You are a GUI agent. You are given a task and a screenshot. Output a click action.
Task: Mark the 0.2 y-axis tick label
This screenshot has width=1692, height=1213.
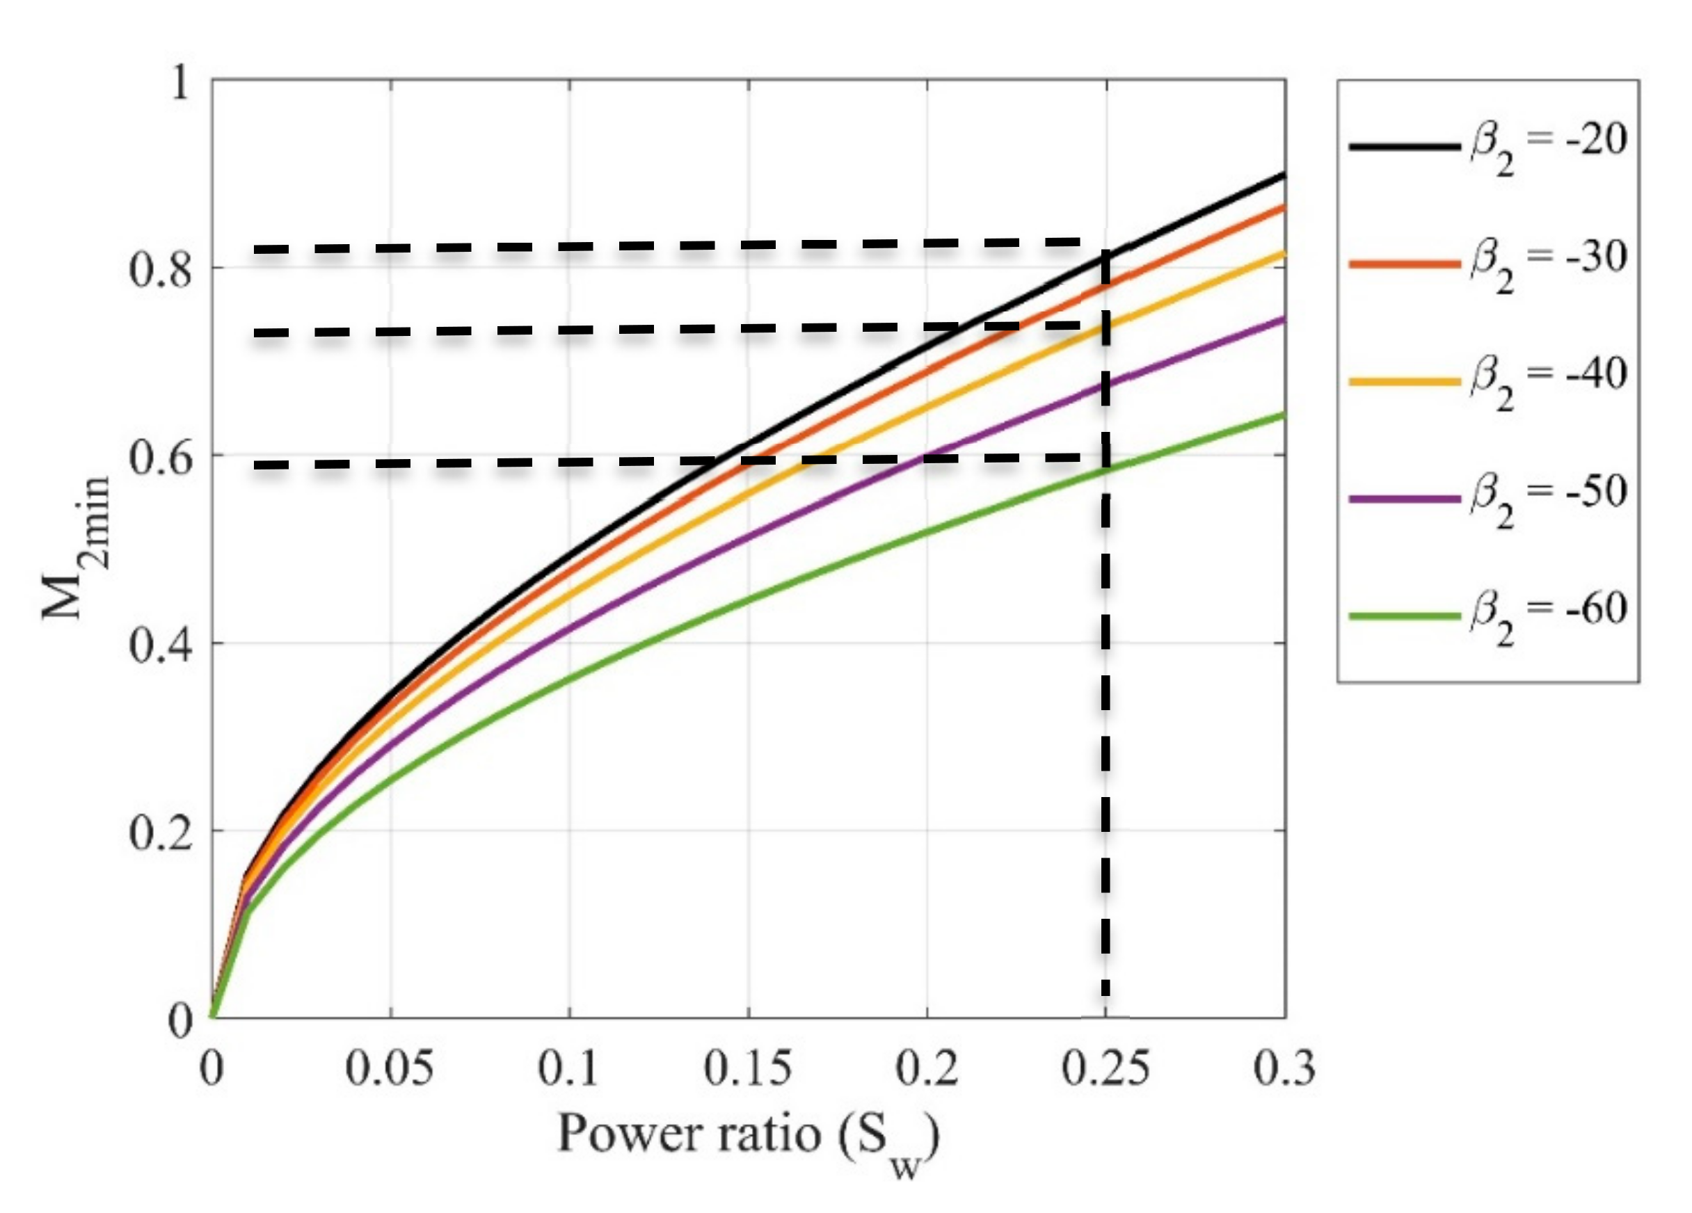pyautogui.click(x=161, y=833)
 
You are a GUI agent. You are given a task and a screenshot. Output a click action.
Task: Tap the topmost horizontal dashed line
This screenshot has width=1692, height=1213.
pyautogui.click(x=671, y=246)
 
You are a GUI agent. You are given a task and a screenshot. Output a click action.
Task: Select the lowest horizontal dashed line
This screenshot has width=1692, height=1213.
pyautogui.click(x=671, y=462)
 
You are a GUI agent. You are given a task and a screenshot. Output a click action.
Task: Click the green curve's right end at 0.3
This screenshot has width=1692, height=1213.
pyautogui.click(x=1283, y=414)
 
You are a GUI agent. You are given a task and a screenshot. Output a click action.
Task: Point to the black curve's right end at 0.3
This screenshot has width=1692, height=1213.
pyautogui.click(x=1283, y=175)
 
